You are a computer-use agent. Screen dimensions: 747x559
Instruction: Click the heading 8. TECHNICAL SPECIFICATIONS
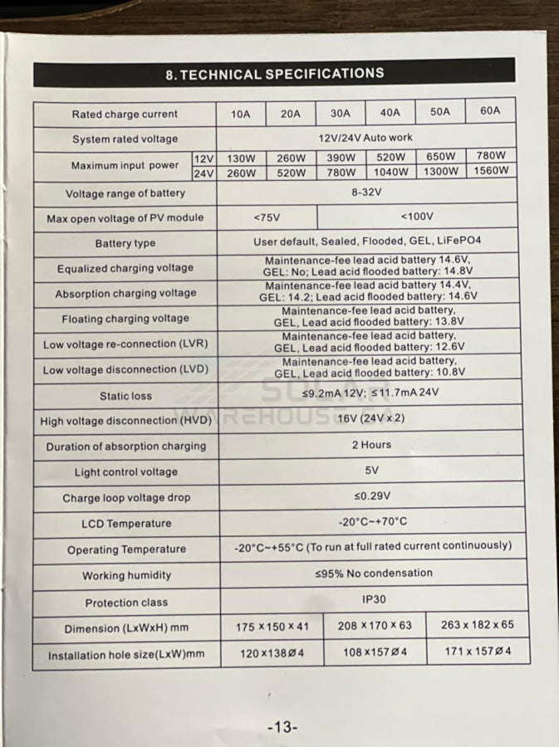click(275, 74)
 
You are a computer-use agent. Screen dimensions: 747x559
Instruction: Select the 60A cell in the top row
click(490, 111)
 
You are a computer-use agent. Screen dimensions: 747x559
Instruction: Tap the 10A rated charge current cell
click(240, 114)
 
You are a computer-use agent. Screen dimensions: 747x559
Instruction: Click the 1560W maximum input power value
click(493, 171)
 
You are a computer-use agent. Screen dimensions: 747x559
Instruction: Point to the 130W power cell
click(241, 158)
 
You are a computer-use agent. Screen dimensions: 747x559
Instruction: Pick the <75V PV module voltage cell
click(267, 217)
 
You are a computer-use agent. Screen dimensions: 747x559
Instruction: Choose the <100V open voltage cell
click(417, 216)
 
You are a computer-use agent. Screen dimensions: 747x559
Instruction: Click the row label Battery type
click(125, 243)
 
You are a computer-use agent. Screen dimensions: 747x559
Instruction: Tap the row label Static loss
click(125, 396)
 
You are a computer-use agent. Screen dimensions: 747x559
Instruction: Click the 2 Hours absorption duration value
click(371, 445)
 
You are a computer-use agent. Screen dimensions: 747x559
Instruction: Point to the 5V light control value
click(371, 471)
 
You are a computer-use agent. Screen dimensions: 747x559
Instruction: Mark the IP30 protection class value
click(374, 598)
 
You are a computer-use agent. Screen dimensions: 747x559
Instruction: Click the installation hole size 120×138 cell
click(272, 653)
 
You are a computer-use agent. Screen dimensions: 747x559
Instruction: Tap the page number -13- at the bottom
click(282, 727)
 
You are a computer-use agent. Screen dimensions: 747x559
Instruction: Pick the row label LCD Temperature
click(126, 524)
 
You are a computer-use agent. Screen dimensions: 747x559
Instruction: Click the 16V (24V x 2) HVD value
click(371, 418)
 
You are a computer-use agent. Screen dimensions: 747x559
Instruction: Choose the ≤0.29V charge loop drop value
click(371, 496)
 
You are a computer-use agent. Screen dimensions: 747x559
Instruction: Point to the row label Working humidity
click(126, 575)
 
